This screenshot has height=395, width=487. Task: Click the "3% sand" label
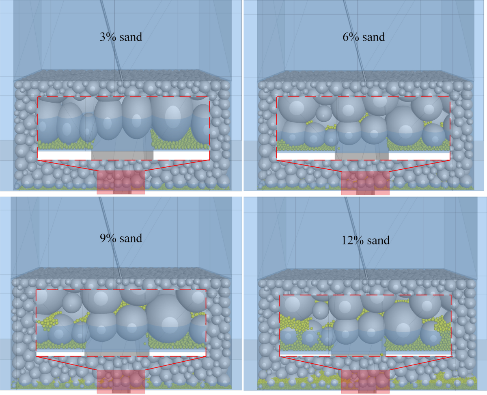click(x=121, y=37)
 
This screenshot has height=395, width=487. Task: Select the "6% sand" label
click(x=364, y=37)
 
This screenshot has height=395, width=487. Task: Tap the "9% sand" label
click(x=121, y=238)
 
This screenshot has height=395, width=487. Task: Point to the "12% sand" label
click(x=365, y=240)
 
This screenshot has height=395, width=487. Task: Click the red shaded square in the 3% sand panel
click(x=121, y=182)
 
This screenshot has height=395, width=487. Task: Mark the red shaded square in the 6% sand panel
click(x=365, y=183)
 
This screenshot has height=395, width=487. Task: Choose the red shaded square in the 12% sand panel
click(x=365, y=382)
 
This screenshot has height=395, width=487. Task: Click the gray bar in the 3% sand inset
click(x=122, y=155)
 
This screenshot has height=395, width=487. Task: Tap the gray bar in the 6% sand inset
click(x=362, y=156)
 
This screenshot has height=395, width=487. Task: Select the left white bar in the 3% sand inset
click(x=65, y=155)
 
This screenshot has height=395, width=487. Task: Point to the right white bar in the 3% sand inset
click(x=181, y=155)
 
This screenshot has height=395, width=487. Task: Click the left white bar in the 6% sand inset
click(x=306, y=156)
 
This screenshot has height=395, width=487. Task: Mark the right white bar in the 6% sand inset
click(x=419, y=156)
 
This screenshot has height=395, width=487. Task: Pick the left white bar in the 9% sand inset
click(x=60, y=354)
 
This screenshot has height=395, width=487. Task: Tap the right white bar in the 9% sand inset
click(x=177, y=354)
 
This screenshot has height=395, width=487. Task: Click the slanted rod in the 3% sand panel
click(x=112, y=41)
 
